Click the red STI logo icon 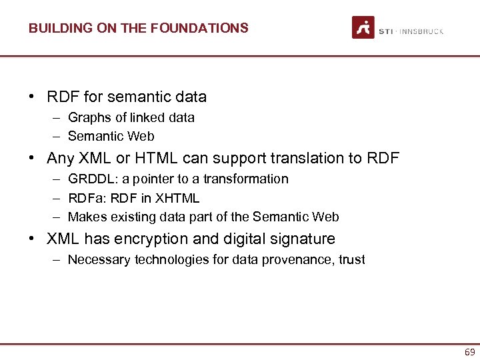click(x=363, y=27)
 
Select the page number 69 click(x=470, y=352)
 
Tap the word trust click(x=351, y=260)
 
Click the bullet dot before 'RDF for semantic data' click(x=32, y=97)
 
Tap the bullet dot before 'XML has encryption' click(x=32, y=239)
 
